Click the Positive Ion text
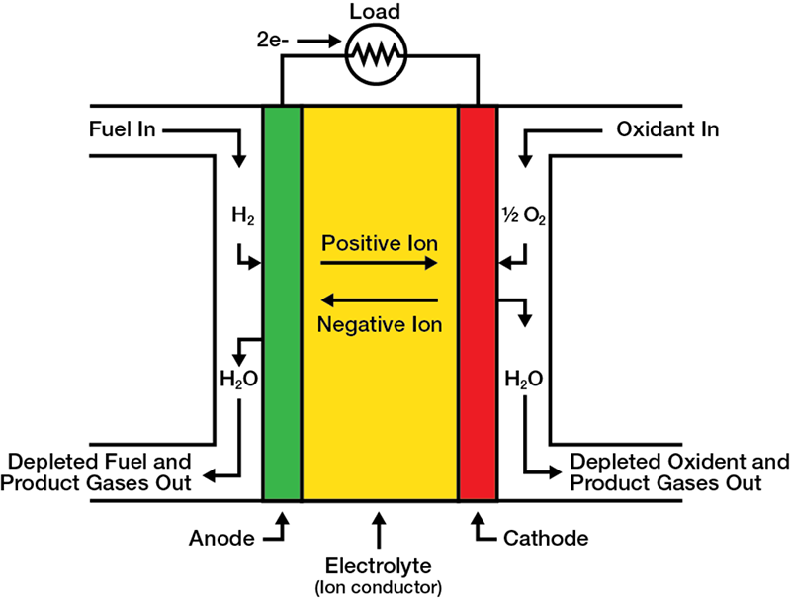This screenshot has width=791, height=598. click(380, 242)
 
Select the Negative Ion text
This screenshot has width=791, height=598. click(380, 323)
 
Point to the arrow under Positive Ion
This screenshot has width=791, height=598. click(380, 264)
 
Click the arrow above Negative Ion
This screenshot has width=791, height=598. click(380, 299)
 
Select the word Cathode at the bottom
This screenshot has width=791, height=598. click(546, 539)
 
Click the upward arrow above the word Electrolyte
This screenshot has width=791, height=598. click(380, 529)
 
